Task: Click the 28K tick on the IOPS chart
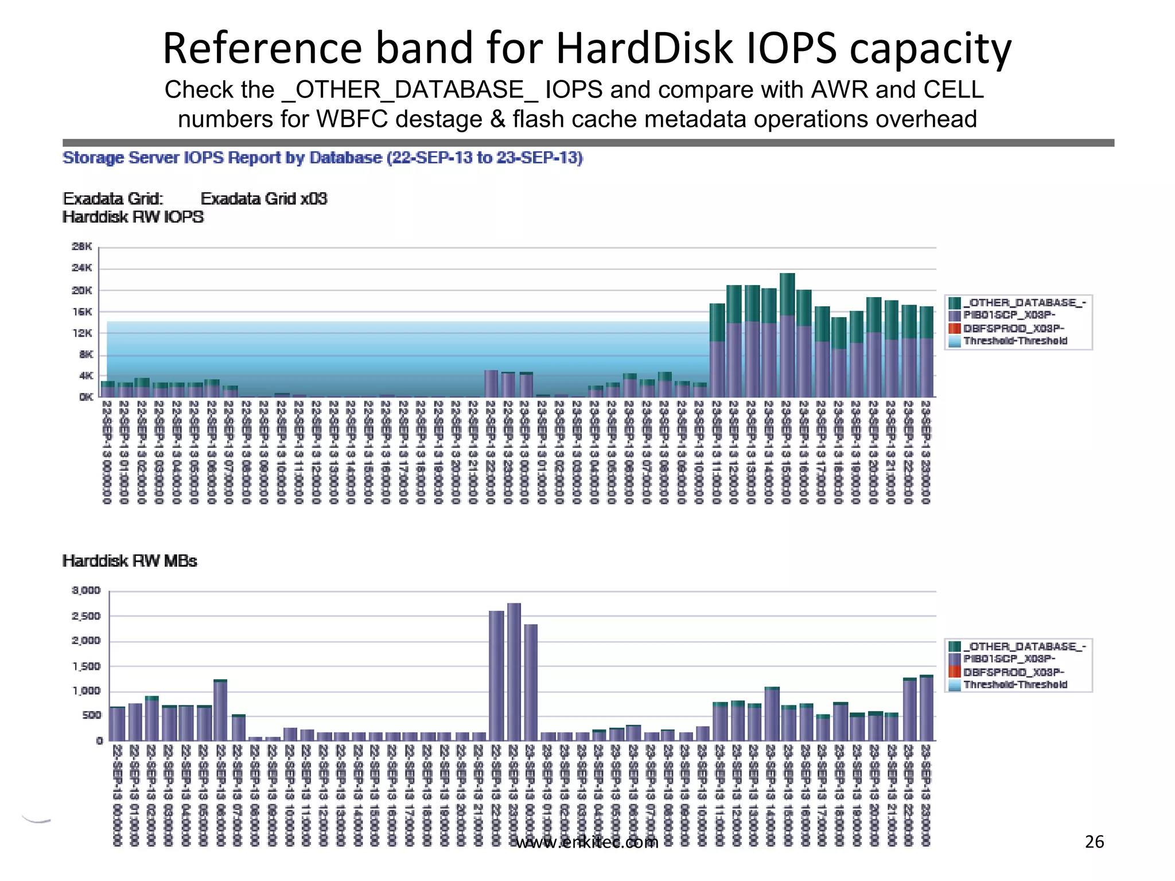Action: click(81, 247)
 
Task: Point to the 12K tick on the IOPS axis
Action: click(81, 333)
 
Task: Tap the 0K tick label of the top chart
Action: click(86, 397)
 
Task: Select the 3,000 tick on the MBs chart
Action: click(86, 590)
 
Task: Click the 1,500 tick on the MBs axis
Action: click(86, 666)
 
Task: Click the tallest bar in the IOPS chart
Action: click(787, 336)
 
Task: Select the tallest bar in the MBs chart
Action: click(514, 671)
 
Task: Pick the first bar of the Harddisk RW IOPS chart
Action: click(108, 389)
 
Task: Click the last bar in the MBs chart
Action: click(926, 708)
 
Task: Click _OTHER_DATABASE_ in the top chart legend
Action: click(1024, 303)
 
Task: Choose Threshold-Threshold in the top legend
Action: click(1015, 341)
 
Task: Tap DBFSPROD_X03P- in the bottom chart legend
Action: click(1013, 672)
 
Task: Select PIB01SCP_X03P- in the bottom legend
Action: click(1009, 659)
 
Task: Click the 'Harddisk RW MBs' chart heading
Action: click(130, 561)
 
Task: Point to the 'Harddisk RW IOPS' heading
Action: click(133, 217)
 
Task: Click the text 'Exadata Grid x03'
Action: click(263, 199)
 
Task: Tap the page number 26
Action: click(1094, 841)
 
